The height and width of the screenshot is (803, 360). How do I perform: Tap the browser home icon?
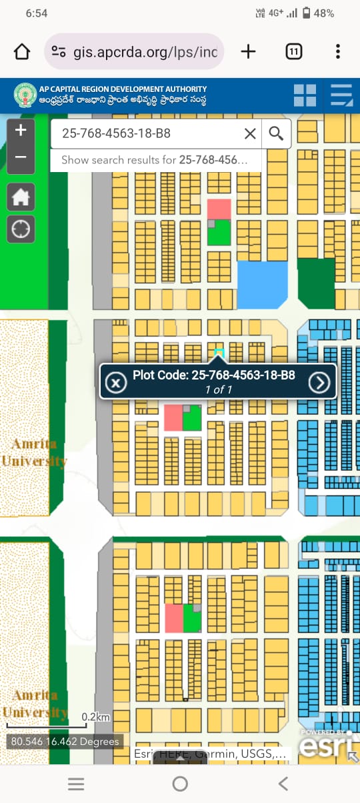coord(22,52)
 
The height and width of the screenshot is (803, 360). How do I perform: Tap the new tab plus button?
coord(248,52)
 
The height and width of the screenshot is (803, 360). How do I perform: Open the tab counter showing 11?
coord(293,52)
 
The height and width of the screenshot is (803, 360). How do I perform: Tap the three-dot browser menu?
coord(338,52)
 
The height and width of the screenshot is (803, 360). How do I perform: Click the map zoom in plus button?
coord(21,130)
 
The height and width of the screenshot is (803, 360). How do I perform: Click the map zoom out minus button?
coord(21,157)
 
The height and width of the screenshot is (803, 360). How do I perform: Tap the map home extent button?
coord(21,197)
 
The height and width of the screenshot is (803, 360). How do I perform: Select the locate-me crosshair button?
coord(21,229)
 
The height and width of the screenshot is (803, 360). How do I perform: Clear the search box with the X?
coord(250,134)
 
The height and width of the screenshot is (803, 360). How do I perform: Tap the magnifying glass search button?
coord(276,134)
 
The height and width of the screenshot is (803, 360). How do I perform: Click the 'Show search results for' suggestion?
coord(154,160)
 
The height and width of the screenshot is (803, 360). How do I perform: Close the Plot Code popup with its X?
coord(116,382)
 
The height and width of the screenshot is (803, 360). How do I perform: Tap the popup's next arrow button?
coord(319,382)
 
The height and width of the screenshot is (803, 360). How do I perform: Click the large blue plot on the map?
coord(262,285)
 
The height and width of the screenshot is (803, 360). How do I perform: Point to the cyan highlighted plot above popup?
coord(219,352)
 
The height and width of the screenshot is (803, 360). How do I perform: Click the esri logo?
coord(325,746)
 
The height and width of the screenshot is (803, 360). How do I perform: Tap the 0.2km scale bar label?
coord(95,717)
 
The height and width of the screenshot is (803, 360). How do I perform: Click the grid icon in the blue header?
coord(305,95)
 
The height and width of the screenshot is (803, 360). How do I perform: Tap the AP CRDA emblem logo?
coord(25,95)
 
